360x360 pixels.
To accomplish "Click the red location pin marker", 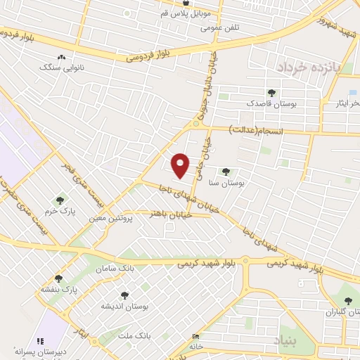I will point(181,165).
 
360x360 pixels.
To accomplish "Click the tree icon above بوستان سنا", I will point(226,171).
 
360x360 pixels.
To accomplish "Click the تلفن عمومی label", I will point(220,27).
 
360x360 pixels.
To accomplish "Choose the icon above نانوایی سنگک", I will point(61,57).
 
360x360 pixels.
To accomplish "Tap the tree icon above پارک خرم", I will point(59,200).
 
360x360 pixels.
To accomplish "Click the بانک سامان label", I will point(117,269).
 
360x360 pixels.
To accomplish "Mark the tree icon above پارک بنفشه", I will point(58,278).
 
